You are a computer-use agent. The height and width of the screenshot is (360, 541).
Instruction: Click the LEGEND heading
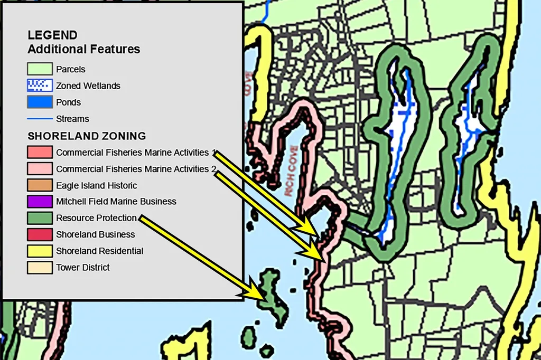coord(52,36)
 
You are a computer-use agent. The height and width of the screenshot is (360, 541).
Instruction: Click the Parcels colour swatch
coord(40,69)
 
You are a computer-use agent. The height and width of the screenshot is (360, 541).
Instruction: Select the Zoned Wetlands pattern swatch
coord(40,86)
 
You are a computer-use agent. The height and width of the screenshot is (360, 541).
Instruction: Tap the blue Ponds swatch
coord(40,102)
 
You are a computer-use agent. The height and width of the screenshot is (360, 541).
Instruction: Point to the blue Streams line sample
coord(40,119)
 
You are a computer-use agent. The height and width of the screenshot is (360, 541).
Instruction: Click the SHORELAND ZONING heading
coord(87,136)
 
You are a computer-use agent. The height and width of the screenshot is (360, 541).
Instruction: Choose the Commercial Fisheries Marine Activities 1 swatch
coord(40,153)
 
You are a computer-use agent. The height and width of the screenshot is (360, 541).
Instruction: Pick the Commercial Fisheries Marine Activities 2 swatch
coord(40,169)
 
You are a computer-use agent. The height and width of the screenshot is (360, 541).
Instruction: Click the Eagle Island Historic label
coord(96,185)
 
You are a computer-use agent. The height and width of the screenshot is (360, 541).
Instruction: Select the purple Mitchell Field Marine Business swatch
coord(40,202)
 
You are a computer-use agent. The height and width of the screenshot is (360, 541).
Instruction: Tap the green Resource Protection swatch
coord(40,218)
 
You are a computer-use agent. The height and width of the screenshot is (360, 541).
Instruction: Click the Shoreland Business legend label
coord(95,234)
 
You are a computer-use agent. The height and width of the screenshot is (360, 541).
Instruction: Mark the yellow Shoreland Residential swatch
coord(40,251)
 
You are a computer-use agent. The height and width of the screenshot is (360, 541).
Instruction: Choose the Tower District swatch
coord(40,268)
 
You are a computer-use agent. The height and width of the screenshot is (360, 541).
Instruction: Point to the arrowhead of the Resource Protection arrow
coord(261,296)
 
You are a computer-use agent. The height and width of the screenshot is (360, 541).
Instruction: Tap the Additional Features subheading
coord(83,50)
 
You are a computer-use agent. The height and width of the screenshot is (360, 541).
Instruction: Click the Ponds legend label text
coord(68,102)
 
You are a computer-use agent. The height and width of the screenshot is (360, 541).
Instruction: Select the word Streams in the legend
coord(72,119)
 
